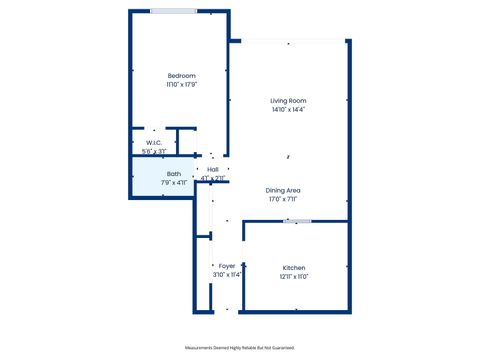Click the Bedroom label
click(181, 76)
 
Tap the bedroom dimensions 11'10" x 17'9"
click(181, 84)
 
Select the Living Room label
click(288, 101)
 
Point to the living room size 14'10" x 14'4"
click(288, 110)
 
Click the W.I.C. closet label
click(154, 143)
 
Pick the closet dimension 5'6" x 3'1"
click(154, 152)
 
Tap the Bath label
click(174, 174)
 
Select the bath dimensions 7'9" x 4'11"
click(174, 183)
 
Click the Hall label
click(213, 170)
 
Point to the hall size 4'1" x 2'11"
click(213, 179)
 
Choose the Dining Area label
click(284, 190)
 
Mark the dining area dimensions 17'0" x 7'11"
click(284, 199)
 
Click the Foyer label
click(227, 265)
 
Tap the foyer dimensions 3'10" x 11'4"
click(227, 274)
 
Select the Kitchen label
click(294, 267)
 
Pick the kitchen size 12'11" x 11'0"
click(294, 276)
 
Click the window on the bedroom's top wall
click(173, 11)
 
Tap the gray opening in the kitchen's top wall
click(290, 221)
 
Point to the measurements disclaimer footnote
click(240, 347)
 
